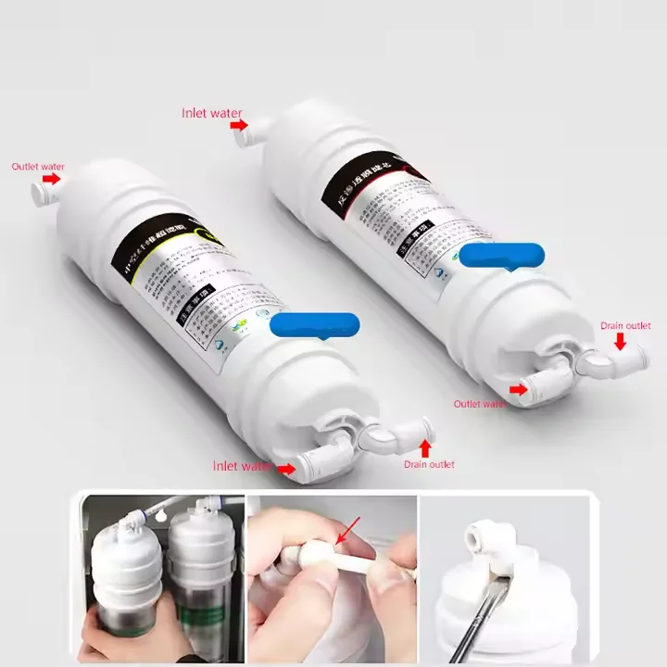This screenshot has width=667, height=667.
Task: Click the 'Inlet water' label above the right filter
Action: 211,113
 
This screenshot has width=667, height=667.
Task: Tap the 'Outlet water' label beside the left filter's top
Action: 38,167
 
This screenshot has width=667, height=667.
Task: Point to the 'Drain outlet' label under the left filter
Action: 429,464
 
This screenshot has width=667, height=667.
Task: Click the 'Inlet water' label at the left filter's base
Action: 243,466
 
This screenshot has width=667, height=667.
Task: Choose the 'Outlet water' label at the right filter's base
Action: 480,403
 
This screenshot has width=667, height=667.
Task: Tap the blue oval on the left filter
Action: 314,324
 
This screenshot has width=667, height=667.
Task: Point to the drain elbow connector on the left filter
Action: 389,435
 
